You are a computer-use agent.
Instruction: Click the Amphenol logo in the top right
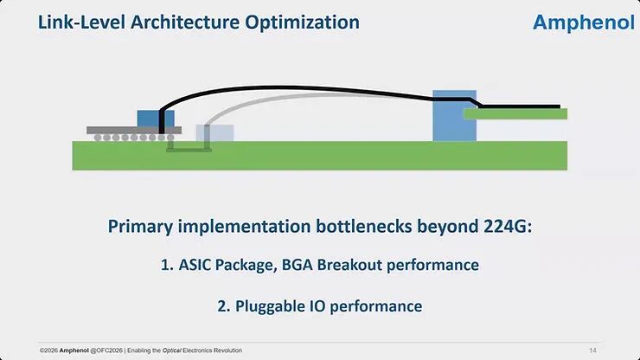pyautogui.click(x=584, y=22)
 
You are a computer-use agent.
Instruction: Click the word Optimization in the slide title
pyautogui.click(x=300, y=22)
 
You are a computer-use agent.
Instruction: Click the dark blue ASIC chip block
pyautogui.click(x=156, y=118)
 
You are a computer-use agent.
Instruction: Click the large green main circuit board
pyautogui.click(x=320, y=157)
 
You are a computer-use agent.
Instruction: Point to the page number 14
pyautogui.click(x=592, y=350)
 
